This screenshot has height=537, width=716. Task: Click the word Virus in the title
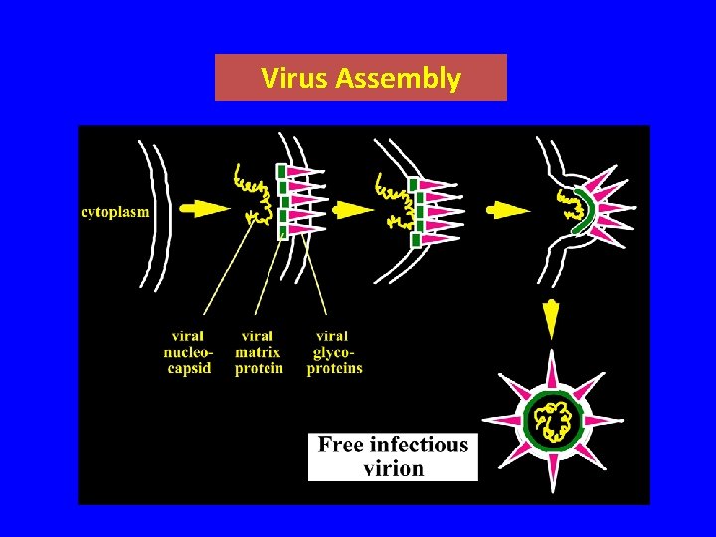click(295, 79)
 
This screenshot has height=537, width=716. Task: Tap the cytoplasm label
click(115, 212)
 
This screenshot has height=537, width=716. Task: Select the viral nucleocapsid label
click(187, 353)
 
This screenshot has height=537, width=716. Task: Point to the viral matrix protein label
click(258, 353)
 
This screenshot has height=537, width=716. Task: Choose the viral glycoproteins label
click(334, 353)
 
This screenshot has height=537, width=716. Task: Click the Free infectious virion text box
click(393, 456)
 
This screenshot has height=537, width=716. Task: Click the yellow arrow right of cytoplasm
click(207, 209)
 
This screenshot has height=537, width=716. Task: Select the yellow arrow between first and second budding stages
click(352, 210)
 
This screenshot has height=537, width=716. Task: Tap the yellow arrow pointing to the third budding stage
click(508, 210)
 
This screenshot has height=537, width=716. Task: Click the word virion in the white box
click(393, 468)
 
